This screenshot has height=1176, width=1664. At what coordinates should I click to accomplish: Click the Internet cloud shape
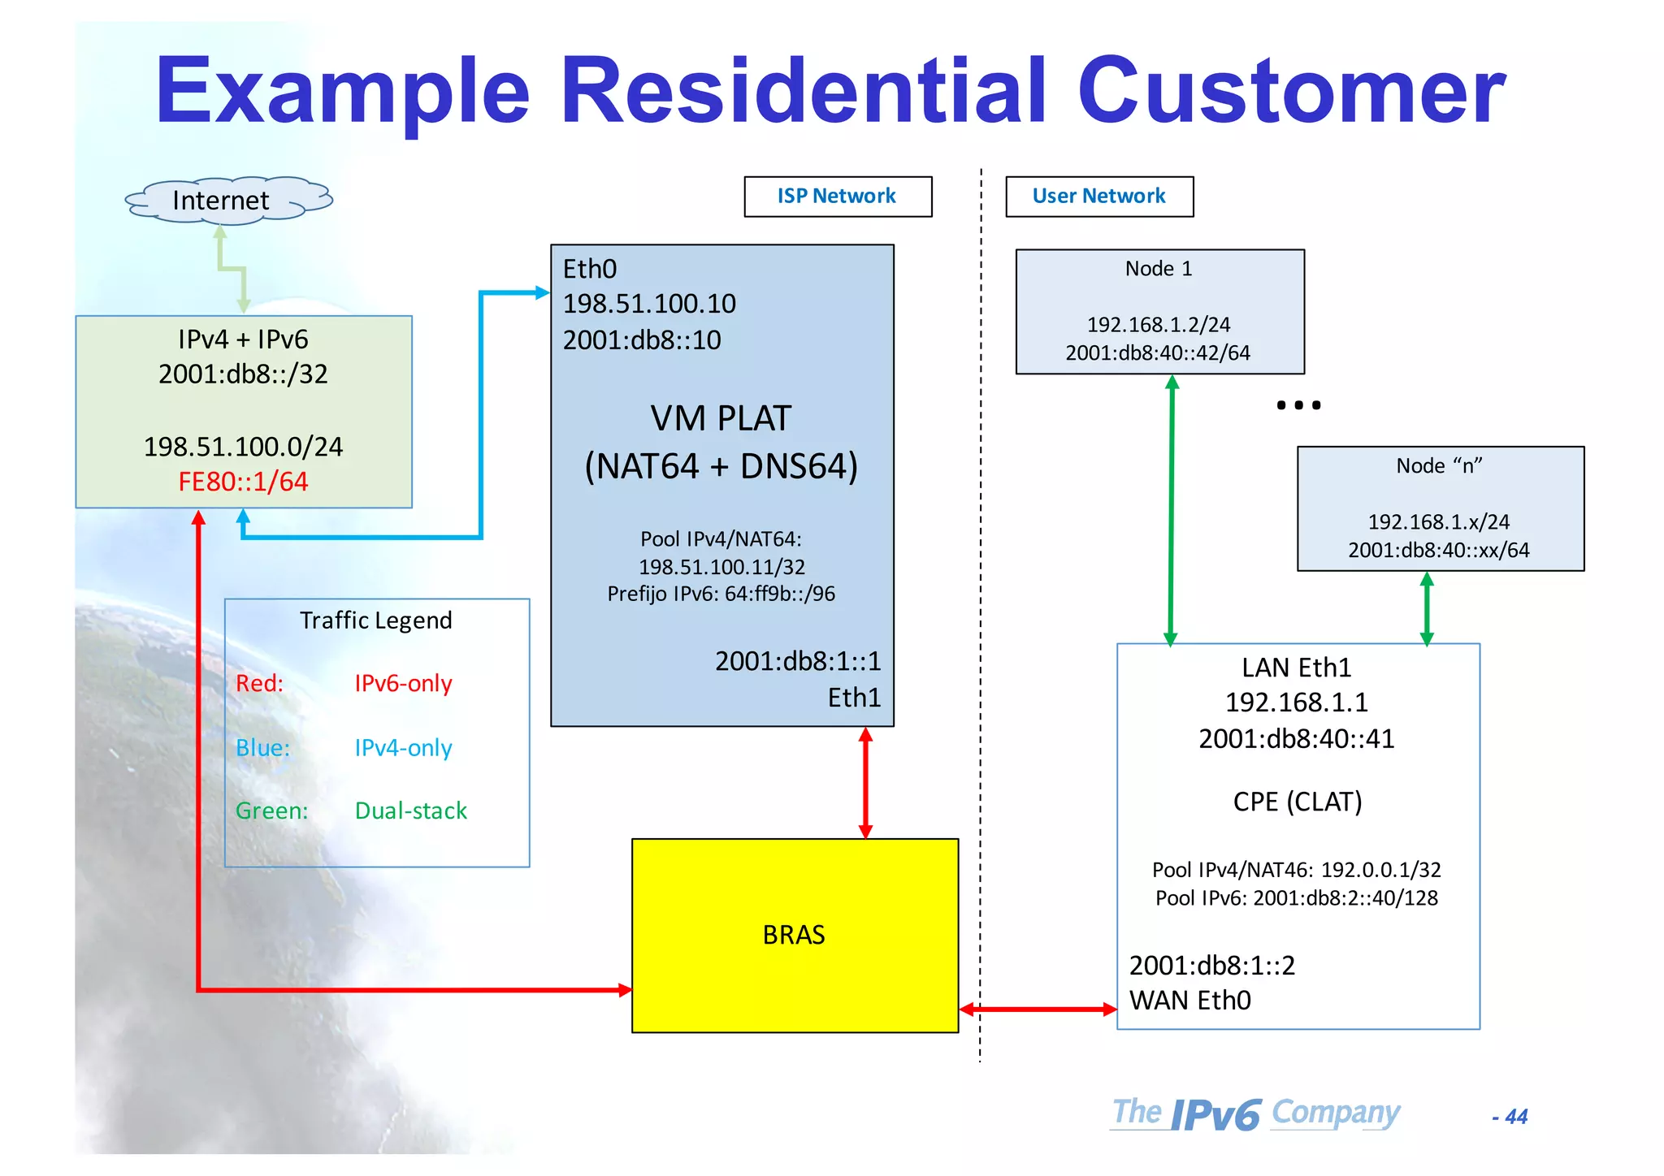[228, 201]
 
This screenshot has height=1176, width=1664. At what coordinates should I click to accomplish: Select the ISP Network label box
[837, 197]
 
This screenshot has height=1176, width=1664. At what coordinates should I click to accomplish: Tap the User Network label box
[1098, 197]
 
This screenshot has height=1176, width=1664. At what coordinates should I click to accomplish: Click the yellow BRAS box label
[794, 936]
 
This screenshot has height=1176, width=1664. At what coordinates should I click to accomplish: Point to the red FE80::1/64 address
[243, 482]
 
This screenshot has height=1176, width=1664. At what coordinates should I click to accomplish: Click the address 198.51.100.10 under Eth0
[649, 305]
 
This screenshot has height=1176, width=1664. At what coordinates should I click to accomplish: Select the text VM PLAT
[721, 419]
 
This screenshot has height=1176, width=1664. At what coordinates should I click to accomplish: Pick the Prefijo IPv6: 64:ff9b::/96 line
[721, 594]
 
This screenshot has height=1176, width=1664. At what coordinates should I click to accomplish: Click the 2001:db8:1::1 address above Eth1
[797, 662]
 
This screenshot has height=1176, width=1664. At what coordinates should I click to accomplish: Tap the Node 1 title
[1159, 270]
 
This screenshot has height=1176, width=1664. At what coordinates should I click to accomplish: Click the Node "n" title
[1439, 466]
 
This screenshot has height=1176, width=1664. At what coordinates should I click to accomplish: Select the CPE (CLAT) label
[1297, 802]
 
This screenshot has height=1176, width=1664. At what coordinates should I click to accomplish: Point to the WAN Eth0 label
[1189, 1001]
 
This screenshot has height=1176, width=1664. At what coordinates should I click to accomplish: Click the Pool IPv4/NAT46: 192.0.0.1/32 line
[1296, 871]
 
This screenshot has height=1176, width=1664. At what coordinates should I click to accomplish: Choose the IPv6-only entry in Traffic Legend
[403, 684]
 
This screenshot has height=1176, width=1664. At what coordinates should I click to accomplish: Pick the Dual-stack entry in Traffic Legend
[411, 811]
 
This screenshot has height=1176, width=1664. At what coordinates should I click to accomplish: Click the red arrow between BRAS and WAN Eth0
[1038, 1010]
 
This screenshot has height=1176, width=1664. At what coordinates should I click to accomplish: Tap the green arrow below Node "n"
[1427, 608]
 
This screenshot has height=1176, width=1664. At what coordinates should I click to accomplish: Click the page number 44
[1515, 1118]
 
